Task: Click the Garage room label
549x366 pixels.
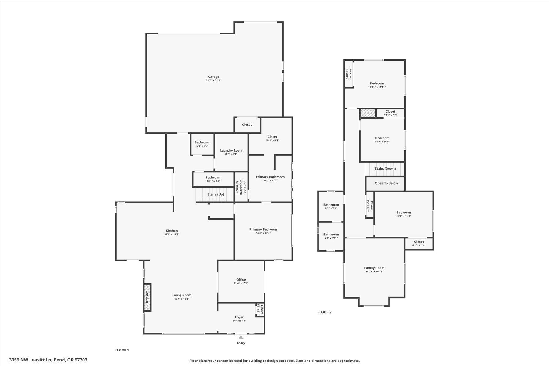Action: (x=213, y=77)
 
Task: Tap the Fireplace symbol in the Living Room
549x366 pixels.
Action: (x=147, y=297)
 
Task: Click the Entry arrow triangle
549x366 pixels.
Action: (x=241, y=337)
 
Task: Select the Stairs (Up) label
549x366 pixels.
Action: (x=216, y=194)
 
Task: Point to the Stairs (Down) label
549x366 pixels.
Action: (x=385, y=169)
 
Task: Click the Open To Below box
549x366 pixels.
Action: (x=386, y=183)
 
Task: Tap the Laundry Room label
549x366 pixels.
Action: (x=231, y=150)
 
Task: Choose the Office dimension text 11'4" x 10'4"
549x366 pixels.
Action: (x=241, y=283)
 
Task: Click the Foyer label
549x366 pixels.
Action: (x=239, y=317)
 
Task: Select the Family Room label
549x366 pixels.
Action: (x=374, y=268)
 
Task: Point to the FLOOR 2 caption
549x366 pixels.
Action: (x=324, y=312)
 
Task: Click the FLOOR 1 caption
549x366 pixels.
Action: (x=122, y=350)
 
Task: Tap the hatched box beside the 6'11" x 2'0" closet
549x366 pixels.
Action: (x=368, y=113)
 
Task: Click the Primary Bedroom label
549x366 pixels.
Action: (x=263, y=229)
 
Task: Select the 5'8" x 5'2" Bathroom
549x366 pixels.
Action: (x=202, y=144)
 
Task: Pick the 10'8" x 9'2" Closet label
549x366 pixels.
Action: (x=272, y=137)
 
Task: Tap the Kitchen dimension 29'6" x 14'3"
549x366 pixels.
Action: (x=171, y=235)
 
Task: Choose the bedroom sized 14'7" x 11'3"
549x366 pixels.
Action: (x=404, y=214)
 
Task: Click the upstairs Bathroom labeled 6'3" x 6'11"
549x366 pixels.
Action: (x=331, y=236)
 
